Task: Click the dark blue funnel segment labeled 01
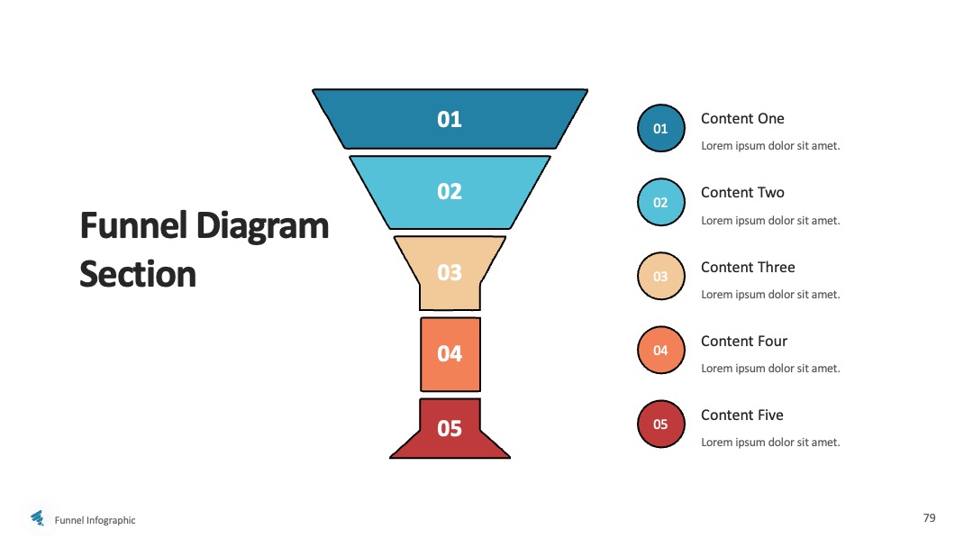[450, 119]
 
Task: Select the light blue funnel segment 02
[450, 192]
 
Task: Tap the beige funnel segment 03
[450, 272]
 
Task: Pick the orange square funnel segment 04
[450, 354]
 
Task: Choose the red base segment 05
[450, 429]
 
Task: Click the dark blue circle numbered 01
[661, 129]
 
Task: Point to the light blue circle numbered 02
[661, 202]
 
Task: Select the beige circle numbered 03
[661, 276]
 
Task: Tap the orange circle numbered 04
[661, 350]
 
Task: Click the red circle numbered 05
[661, 424]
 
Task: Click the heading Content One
[742, 119]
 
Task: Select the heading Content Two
[742, 192]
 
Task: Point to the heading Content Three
[748, 267]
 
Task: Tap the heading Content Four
[744, 341]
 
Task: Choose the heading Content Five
[742, 415]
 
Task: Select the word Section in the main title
[138, 274]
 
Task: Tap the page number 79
[929, 517]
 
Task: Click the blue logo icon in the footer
[38, 517]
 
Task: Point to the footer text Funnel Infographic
[95, 520]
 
